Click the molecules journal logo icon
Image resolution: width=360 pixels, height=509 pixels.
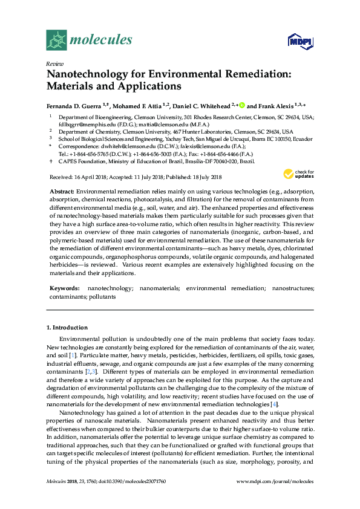tap(56, 40)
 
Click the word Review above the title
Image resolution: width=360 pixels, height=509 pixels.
tap(54, 63)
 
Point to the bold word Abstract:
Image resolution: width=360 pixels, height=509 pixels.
tap(62, 190)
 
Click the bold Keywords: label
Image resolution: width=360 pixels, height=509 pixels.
tap(64, 289)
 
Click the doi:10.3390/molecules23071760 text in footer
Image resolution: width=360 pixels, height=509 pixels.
tap(130, 498)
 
